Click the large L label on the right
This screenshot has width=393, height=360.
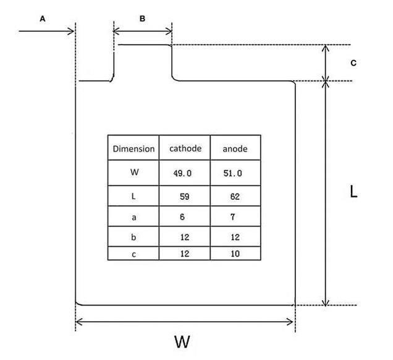(353, 192)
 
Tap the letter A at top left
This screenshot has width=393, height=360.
(43, 19)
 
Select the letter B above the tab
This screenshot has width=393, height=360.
(142, 19)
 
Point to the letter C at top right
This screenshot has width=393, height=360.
(353, 63)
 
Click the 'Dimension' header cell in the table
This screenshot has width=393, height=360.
(133, 149)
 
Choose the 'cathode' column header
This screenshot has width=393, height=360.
(185, 149)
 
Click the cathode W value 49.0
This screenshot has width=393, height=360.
(183, 173)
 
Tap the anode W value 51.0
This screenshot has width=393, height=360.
(233, 173)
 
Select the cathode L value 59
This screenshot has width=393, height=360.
(184, 197)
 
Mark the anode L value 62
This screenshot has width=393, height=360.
(232, 197)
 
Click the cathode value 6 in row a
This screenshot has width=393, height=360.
(184, 217)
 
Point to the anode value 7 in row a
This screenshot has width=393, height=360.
(232, 217)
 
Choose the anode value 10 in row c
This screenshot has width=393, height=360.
(232, 254)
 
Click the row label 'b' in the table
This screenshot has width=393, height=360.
(134, 237)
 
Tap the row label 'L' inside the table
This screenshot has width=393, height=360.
(134, 196)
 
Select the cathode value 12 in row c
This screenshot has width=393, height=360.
(184, 254)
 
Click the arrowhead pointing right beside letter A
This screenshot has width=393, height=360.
(70, 30)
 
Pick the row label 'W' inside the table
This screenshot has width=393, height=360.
(134, 173)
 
